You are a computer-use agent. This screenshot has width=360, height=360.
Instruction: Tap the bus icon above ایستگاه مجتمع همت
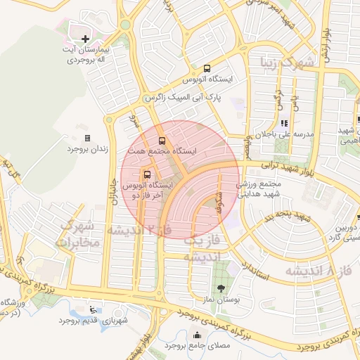[162, 140]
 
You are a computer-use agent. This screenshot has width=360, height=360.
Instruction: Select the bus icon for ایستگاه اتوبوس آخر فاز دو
[148, 174]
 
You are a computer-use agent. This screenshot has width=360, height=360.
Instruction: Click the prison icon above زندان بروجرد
[87, 138]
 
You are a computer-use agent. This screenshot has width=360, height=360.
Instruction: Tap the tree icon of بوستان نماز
[222, 288]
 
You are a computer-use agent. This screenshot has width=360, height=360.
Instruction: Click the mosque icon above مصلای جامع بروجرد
[196, 335]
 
